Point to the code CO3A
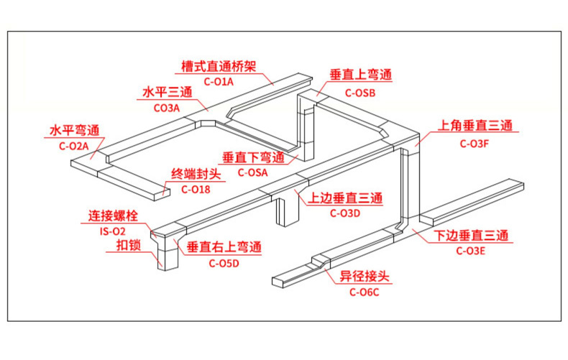coord(167,107)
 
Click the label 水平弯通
coord(74,131)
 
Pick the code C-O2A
coord(73,146)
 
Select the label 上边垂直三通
coord(344,198)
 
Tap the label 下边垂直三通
coord(471,236)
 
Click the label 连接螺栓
coord(113,215)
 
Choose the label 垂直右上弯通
coord(224,247)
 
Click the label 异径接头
coord(364,277)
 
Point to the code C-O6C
coord(364,292)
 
